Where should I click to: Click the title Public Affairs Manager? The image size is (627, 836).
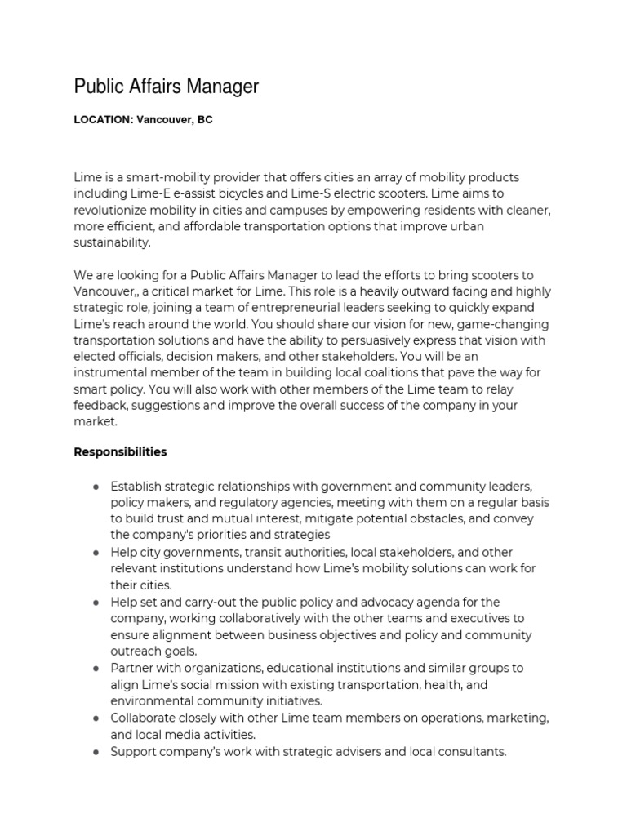click(166, 86)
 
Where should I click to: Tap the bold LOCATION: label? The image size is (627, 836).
click(103, 119)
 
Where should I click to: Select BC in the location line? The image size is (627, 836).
click(204, 119)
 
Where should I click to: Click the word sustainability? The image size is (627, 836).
click(112, 242)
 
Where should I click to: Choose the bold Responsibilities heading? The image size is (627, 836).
click(120, 451)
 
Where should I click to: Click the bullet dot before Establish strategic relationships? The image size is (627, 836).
click(96, 487)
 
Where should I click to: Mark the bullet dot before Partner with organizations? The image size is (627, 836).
click(96, 668)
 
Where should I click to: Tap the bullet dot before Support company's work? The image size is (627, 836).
click(96, 751)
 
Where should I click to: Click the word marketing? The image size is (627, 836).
click(513, 718)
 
